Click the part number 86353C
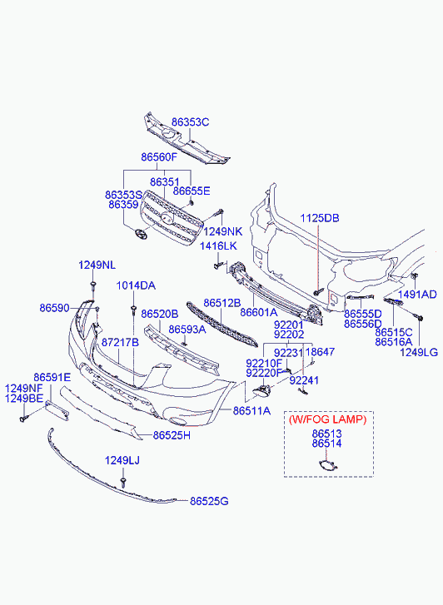tap(191, 122)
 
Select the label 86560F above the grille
tap(159, 157)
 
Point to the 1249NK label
tap(223, 231)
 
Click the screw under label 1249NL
tap(93, 285)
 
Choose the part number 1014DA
tap(136, 285)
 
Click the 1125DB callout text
tap(320, 218)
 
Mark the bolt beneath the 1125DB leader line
tap(318, 292)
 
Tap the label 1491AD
tap(417, 295)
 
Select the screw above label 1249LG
tap(418, 317)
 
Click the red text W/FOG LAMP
tap(327, 419)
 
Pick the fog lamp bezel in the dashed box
tap(328, 466)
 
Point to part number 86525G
tap(209, 501)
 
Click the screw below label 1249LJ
tap(123, 482)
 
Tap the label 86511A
tap(251, 411)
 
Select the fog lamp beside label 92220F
tap(262, 392)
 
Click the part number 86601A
tap(259, 312)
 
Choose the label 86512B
tap(222, 303)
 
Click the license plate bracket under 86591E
tap(57, 409)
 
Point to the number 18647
tap(321, 352)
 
